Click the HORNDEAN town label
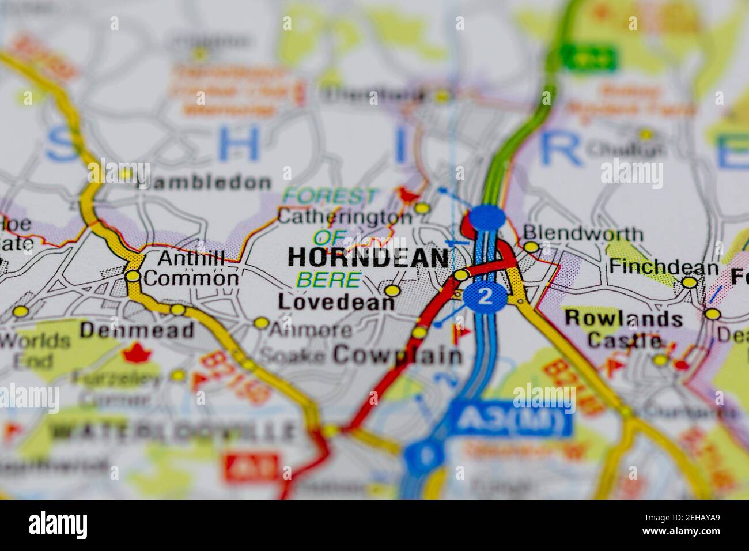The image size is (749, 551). tap(368, 258)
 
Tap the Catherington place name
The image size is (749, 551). tap(345, 218)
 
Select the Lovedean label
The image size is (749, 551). tap(336, 303)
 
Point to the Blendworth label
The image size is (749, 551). tap(582, 234)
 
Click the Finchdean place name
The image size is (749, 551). tap(664, 267)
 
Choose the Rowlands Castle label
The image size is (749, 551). tap(624, 329)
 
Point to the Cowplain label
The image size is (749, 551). tap(398, 355)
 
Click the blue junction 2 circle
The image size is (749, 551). tap(486, 297)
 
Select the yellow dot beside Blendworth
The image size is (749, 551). tap(531, 247)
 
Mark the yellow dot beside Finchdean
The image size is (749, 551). tap(689, 282)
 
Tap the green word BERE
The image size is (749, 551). tap(328, 281)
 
